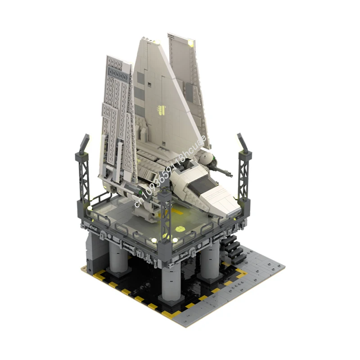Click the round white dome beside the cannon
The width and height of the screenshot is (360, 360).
pyautogui.click(x=207, y=158)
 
